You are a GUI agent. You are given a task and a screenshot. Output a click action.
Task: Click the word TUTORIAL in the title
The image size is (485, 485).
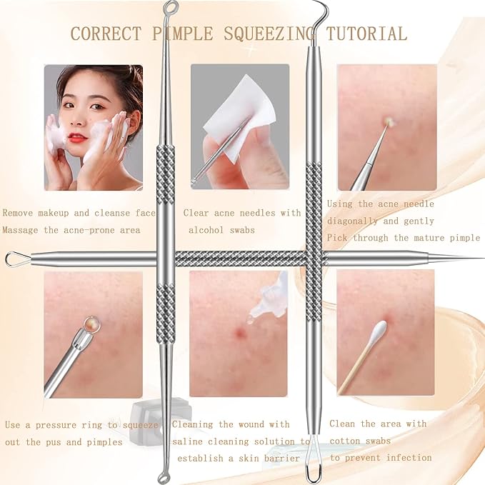[366, 34]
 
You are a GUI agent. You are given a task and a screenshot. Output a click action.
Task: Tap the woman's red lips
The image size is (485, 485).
[76, 137]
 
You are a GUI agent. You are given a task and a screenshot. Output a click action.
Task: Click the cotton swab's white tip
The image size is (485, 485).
[379, 330]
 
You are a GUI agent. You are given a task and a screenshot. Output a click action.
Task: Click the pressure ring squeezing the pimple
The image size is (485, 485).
[89, 325]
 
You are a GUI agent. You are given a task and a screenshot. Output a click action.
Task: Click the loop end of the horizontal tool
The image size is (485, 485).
[15, 259]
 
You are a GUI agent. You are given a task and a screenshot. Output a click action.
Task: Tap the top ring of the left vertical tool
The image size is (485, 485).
[171, 9]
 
